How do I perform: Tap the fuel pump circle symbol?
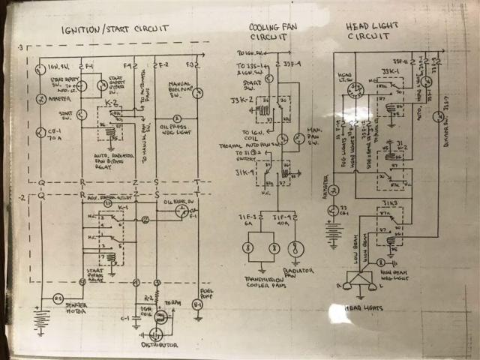tap(197, 306)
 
